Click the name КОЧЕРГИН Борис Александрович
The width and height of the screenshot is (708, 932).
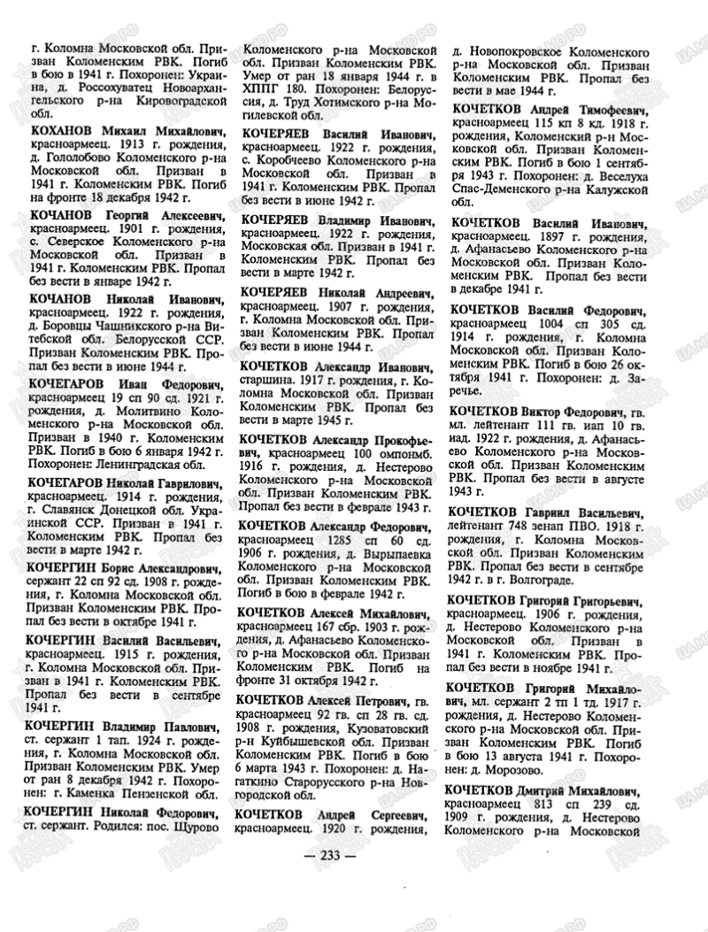pos(126,569)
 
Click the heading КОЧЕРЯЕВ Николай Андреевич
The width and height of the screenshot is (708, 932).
pos(340,292)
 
